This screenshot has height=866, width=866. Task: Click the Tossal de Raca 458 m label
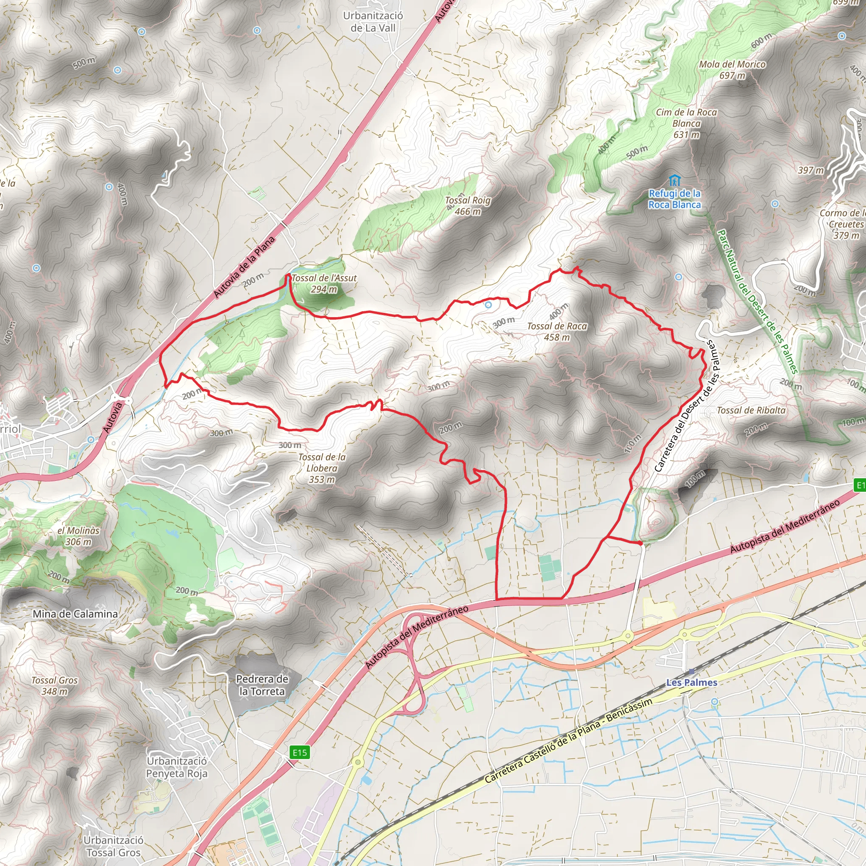click(x=557, y=332)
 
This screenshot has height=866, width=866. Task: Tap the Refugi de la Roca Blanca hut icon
click(x=674, y=181)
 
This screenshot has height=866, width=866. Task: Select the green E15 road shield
click(x=299, y=752)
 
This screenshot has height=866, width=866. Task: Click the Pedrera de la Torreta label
click(x=262, y=685)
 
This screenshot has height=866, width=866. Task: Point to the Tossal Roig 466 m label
click(x=468, y=206)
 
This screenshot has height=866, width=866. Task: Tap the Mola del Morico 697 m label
click(x=732, y=70)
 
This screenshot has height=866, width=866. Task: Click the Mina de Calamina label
click(x=75, y=614)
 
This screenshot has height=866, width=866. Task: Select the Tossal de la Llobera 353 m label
click(x=322, y=468)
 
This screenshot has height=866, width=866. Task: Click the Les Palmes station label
click(x=692, y=682)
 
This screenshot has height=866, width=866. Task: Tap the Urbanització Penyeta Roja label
click(x=177, y=767)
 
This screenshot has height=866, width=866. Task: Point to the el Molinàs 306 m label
click(x=79, y=536)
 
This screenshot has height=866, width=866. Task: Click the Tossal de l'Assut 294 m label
click(x=323, y=283)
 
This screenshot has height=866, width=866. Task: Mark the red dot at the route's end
click(x=640, y=543)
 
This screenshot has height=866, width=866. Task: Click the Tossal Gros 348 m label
click(x=55, y=685)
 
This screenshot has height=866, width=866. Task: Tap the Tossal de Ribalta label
click(x=751, y=410)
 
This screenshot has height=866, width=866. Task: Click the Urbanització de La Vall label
click(x=373, y=22)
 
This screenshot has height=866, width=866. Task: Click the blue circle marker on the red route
click(x=488, y=305)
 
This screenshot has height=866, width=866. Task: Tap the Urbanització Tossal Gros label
click(x=113, y=846)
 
